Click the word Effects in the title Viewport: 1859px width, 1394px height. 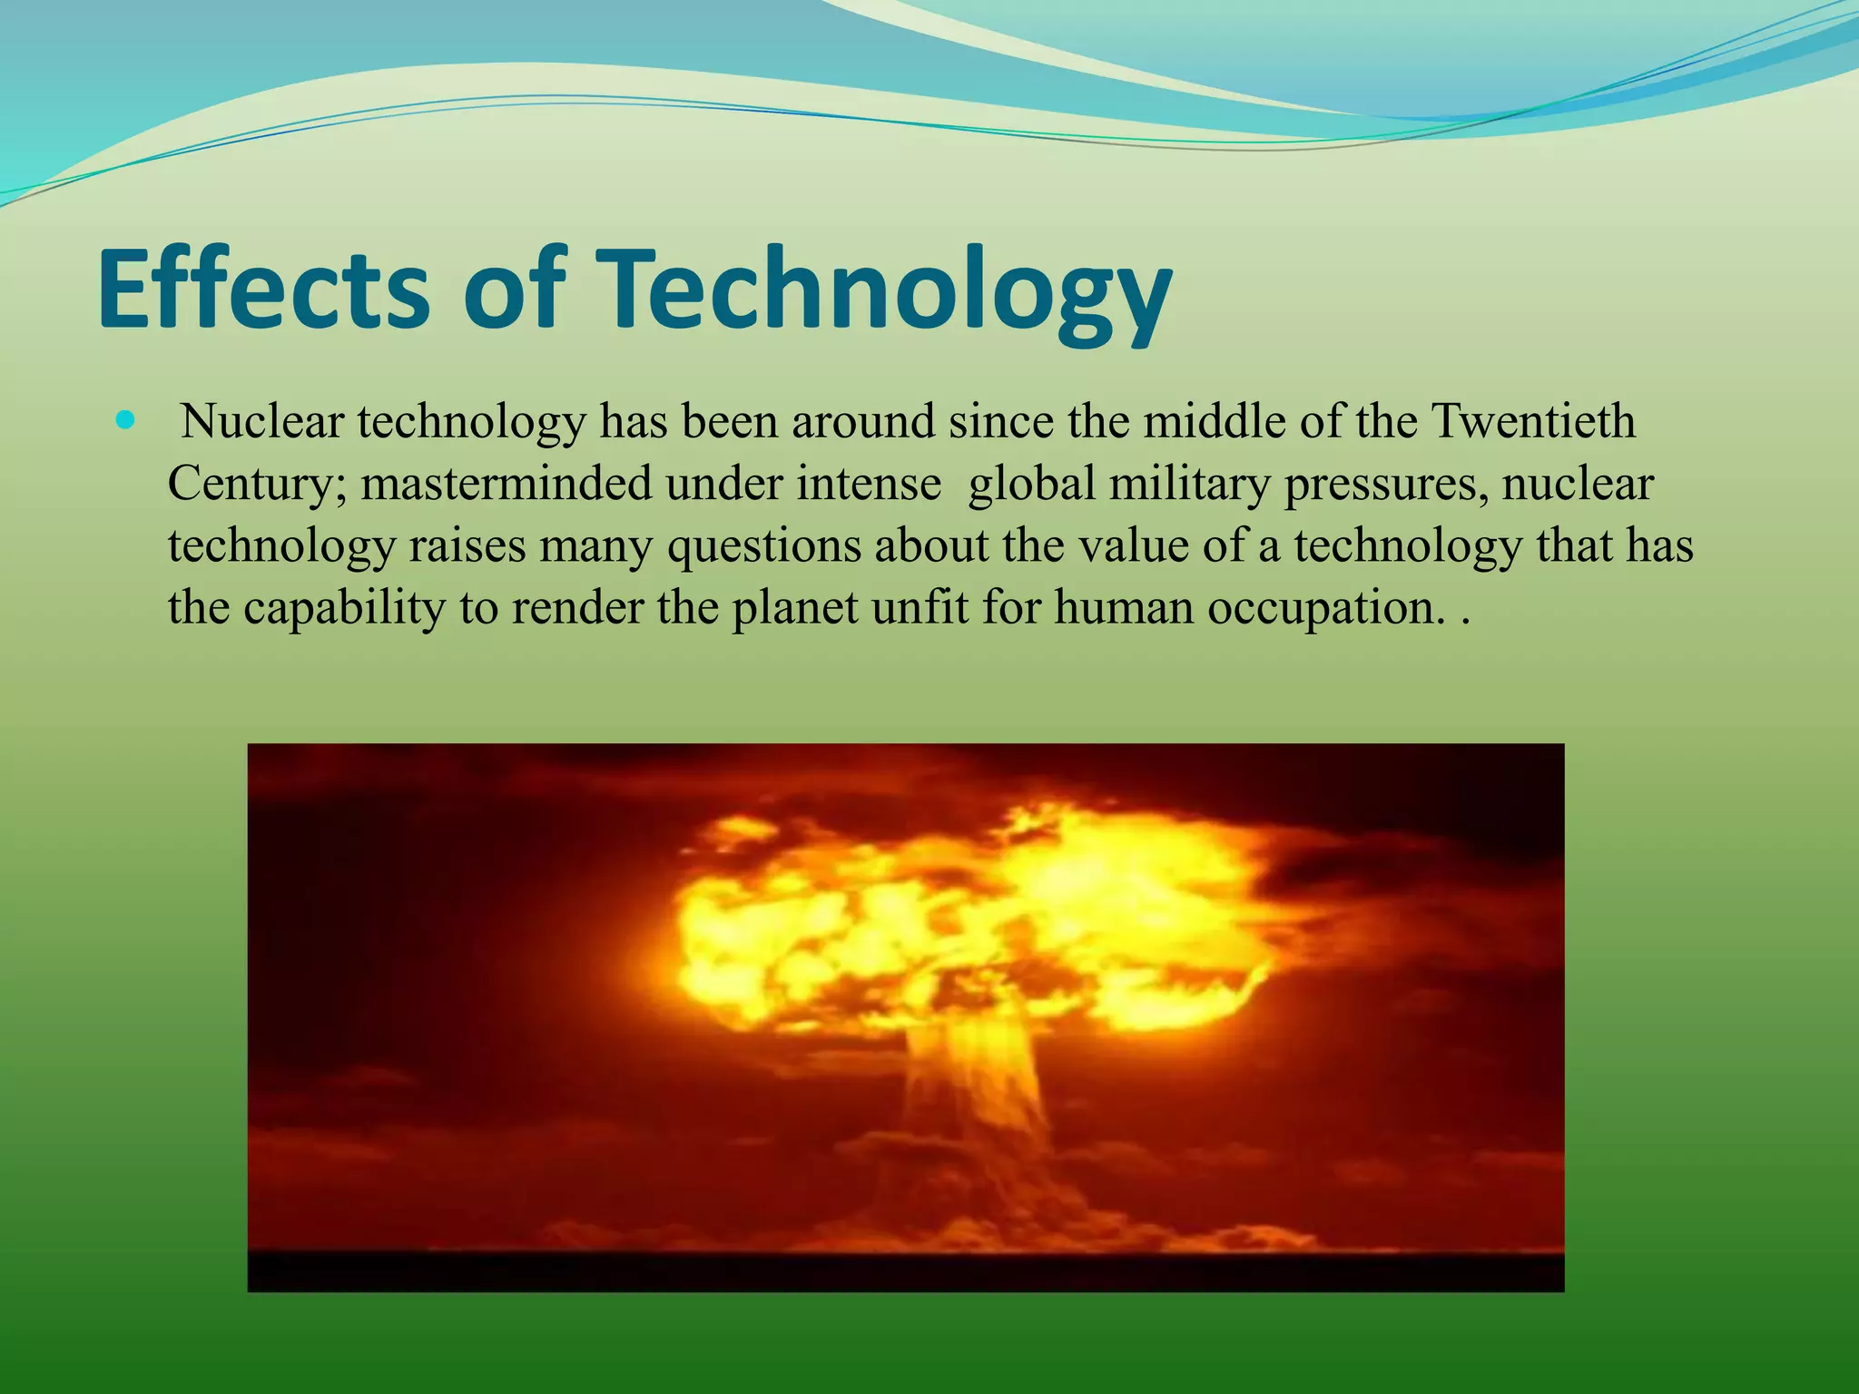263,289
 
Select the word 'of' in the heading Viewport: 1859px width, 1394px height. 509,289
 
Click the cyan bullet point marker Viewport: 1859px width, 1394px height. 125,420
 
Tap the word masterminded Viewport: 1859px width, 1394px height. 507,484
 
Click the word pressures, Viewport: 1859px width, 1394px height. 1385,486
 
